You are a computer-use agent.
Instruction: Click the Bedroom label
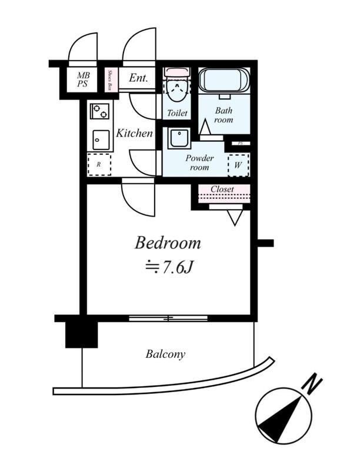point(168,243)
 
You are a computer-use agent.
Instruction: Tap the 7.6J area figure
point(177,267)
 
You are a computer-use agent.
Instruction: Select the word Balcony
point(165,354)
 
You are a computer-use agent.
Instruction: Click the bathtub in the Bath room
point(224,81)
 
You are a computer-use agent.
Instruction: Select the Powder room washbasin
point(179,138)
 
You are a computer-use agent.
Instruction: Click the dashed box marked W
point(238,165)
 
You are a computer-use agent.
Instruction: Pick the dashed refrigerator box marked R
point(99,164)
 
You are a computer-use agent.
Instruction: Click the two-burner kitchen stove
point(100,111)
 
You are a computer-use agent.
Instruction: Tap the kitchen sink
point(101,140)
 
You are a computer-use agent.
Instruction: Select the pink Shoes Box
point(111,80)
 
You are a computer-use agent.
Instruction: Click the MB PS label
point(83,79)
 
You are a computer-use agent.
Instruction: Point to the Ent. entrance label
point(139,78)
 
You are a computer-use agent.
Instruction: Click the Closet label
point(222,189)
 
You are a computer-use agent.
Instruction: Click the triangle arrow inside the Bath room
point(205,127)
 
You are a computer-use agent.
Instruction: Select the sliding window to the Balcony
point(168,318)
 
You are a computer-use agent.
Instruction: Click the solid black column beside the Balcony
point(82,334)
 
